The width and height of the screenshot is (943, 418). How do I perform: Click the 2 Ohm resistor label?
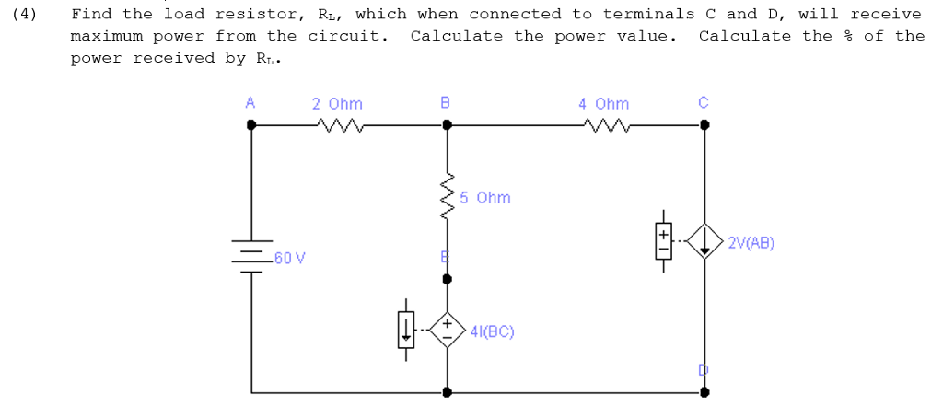pyautogui.click(x=337, y=104)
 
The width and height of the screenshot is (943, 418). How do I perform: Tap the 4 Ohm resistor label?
pyautogui.click(x=603, y=104)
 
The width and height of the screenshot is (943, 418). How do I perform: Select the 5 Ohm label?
pyautogui.click(x=484, y=198)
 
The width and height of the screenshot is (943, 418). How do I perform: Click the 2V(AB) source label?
pyautogui.click(x=751, y=244)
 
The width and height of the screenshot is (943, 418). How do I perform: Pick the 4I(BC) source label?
pyautogui.click(x=492, y=331)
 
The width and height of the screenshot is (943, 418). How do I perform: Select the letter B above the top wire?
pyautogui.click(x=446, y=103)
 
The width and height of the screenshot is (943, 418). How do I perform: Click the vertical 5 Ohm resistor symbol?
pyautogui.click(x=448, y=198)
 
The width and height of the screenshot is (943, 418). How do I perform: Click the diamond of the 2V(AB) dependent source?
pyautogui.click(x=705, y=242)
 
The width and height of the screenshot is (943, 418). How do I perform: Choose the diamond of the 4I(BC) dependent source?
pyautogui.click(x=448, y=331)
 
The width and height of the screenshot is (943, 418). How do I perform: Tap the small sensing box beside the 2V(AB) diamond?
pyautogui.click(x=661, y=241)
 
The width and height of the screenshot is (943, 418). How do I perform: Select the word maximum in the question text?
pyautogui.click(x=106, y=36)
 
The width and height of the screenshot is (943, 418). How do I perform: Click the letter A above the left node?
pyautogui.click(x=250, y=103)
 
